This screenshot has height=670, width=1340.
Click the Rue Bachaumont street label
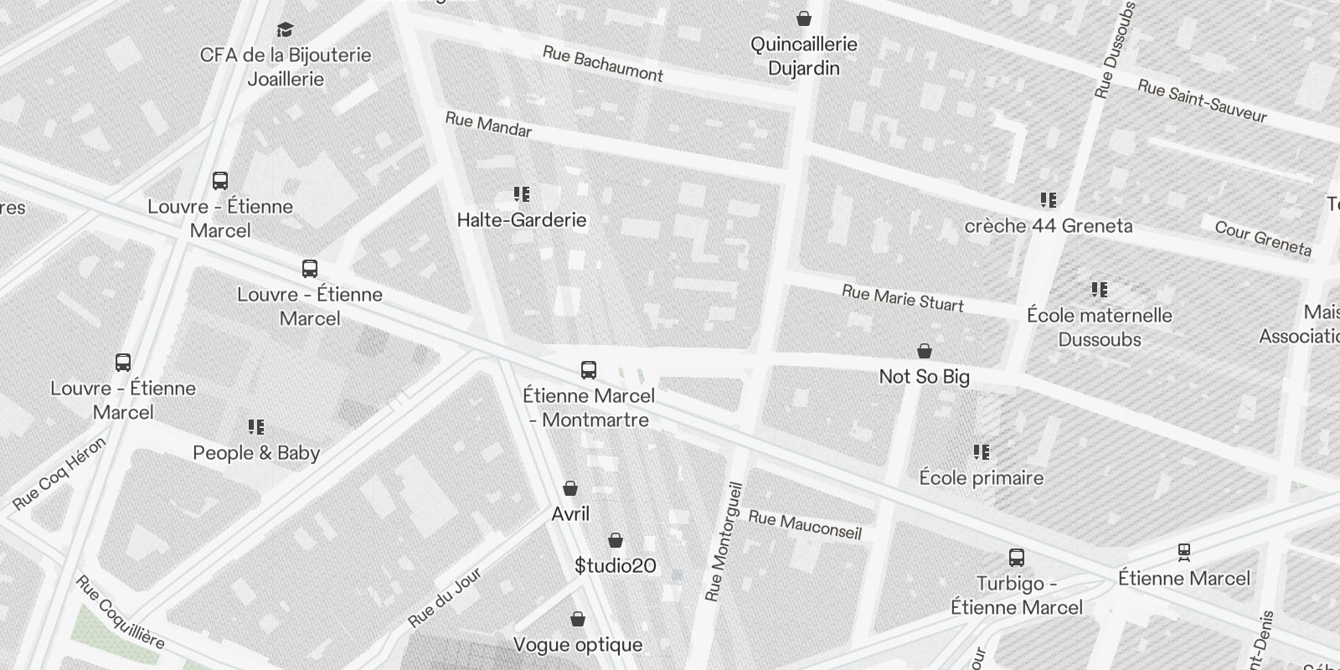coord(603,64)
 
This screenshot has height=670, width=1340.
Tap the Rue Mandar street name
coord(488,125)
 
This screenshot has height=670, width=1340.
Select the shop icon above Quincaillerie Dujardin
coord(804,18)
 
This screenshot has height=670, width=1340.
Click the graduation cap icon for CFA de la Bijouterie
coord(285,29)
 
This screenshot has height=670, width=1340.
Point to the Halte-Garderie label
coord(522,220)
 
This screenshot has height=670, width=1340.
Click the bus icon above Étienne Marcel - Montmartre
coord(589,369)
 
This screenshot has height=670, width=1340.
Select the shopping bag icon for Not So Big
coord(925,350)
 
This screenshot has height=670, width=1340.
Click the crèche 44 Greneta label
coord(1048,225)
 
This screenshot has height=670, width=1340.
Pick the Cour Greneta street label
coord(1262,238)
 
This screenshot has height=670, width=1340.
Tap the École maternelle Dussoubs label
coord(1099,327)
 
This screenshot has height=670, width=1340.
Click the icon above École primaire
coord(982,452)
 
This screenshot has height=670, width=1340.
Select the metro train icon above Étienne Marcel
coord(1184,552)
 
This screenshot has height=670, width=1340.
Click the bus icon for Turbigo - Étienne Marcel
coord(1017,557)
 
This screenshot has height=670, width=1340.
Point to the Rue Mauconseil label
coord(804,524)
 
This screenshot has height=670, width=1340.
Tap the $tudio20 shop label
coord(616,566)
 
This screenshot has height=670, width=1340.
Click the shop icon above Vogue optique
coord(577,619)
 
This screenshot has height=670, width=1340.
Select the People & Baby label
coord(256,453)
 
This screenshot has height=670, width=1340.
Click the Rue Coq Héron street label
coord(59,474)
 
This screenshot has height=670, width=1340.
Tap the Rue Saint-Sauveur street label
coord(1202,100)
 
